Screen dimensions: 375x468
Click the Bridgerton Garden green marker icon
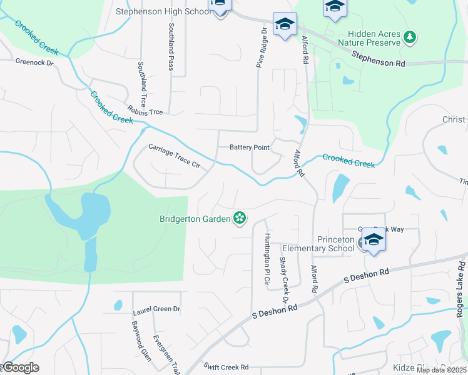tap(238, 218)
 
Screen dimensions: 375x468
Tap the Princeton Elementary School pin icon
tap(373, 240)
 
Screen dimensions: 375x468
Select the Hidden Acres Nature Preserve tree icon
tap(410, 37)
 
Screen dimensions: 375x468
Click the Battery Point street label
tap(249, 147)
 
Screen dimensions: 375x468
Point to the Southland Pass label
tap(171, 47)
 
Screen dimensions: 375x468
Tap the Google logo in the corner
tap(20, 367)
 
